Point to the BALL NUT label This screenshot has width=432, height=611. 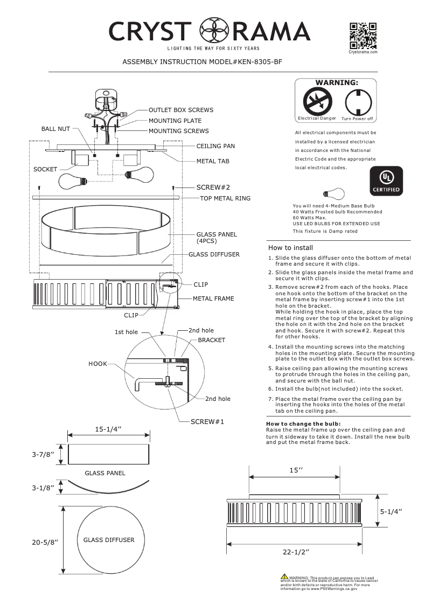coord(55,129)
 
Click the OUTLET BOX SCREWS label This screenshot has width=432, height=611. coord(180,110)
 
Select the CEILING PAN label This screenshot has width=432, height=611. coord(215,146)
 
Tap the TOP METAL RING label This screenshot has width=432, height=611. coord(225,198)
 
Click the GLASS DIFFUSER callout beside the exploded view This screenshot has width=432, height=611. coord(214,254)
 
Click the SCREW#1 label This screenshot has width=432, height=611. coord(207,421)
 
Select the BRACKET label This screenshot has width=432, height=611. coord(211,341)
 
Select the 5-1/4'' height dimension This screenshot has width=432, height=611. coord(392,511)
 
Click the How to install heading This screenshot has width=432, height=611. coord(290,248)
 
